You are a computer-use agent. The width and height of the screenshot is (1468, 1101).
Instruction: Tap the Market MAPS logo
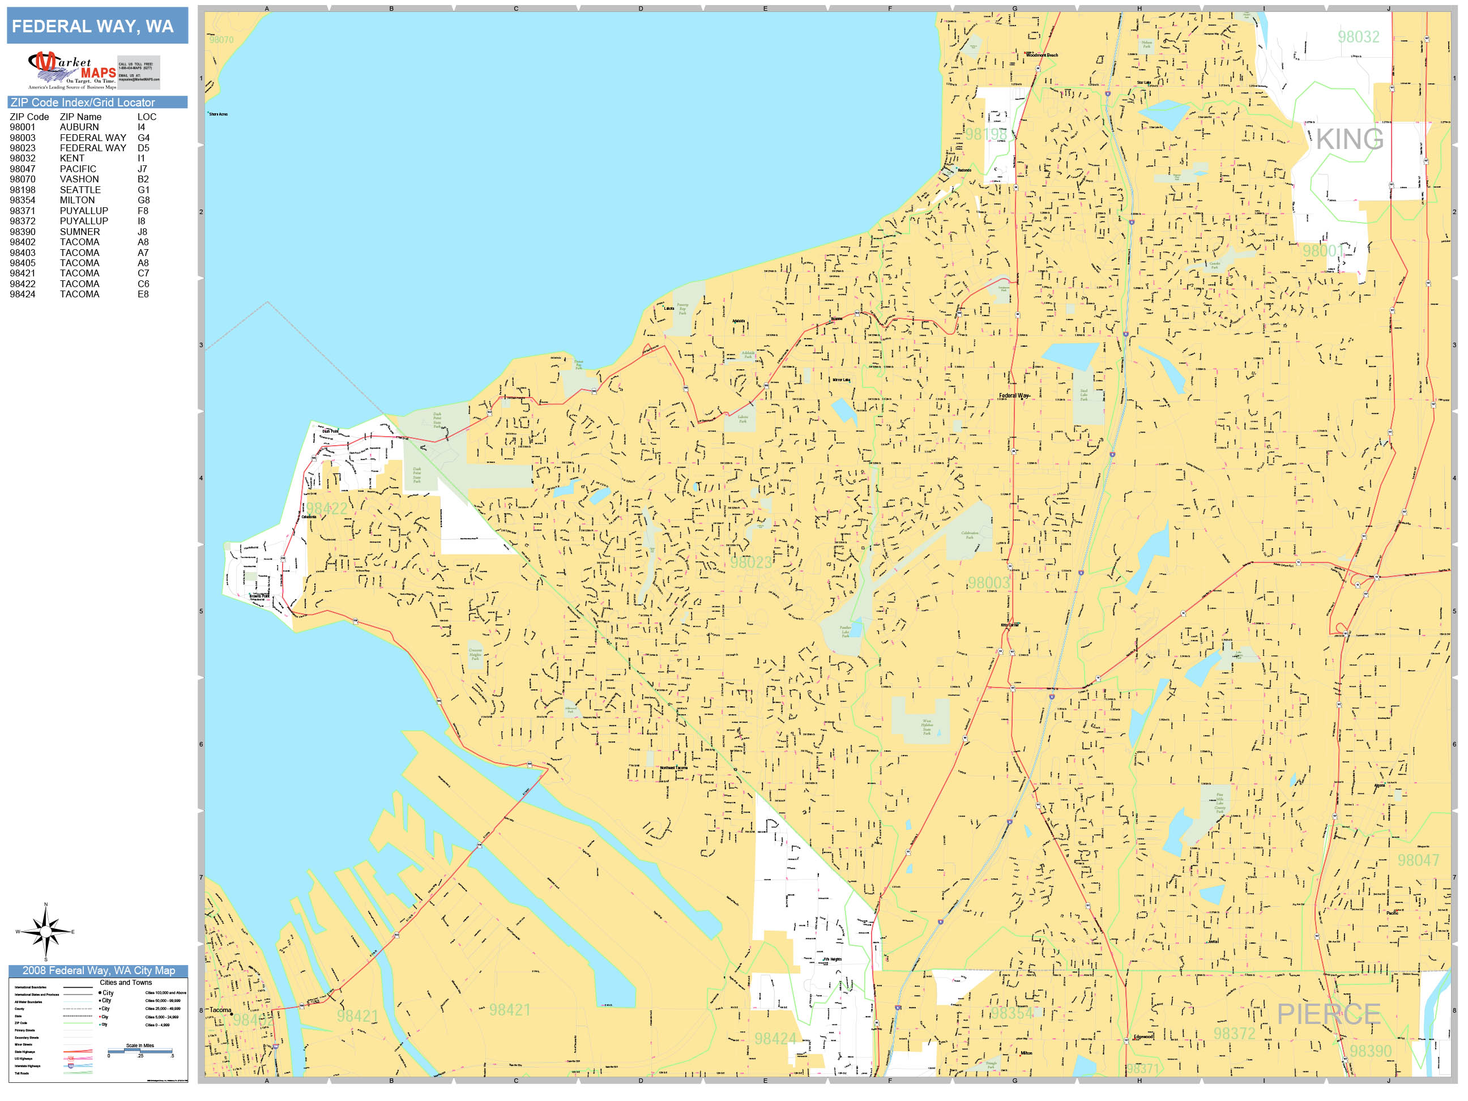[x=72, y=70]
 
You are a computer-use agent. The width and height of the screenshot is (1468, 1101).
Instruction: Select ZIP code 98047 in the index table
[x=23, y=169]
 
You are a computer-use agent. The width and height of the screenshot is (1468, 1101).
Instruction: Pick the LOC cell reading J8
[x=143, y=232]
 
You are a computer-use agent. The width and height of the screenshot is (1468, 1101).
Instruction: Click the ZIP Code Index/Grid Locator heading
[x=83, y=102]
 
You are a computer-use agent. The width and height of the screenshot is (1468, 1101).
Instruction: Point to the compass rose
[x=45, y=932]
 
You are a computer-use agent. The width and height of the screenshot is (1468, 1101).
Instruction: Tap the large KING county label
[x=1349, y=139]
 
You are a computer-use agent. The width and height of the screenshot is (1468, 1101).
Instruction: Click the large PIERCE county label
[x=1329, y=1013]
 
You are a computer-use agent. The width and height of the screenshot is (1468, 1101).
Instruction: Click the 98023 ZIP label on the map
[x=750, y=562]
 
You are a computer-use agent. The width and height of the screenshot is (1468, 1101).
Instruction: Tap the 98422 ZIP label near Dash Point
[x=327, y=509]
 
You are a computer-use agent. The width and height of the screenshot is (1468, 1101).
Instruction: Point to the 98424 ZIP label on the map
[x=774, y=1039]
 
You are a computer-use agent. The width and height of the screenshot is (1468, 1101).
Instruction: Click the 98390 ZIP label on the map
[x=1371, y=1051]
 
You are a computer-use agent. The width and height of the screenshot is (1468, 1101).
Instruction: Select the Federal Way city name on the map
[x=1013, y=395]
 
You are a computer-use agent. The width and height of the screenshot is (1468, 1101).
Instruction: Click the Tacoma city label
[x=220, y=1010]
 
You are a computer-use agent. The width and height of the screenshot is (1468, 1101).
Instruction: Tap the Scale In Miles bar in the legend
[x=140, y=1051]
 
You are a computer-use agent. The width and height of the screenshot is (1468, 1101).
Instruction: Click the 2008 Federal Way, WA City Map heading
[x=98, y=970]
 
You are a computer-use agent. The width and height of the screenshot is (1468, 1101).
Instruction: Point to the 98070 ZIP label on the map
[x=221, y=40]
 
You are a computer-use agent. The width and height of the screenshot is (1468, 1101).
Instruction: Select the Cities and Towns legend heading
[x=125, y=982]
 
